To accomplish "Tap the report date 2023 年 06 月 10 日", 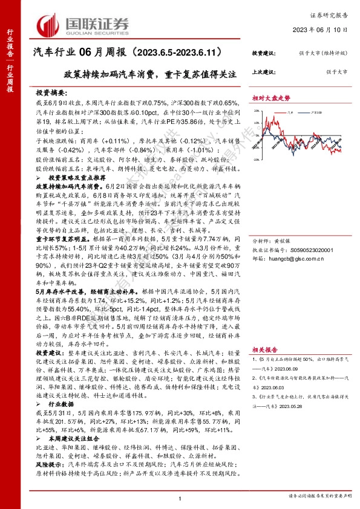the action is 321,30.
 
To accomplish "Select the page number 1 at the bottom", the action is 180,497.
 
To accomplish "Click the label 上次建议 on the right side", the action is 263,72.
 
